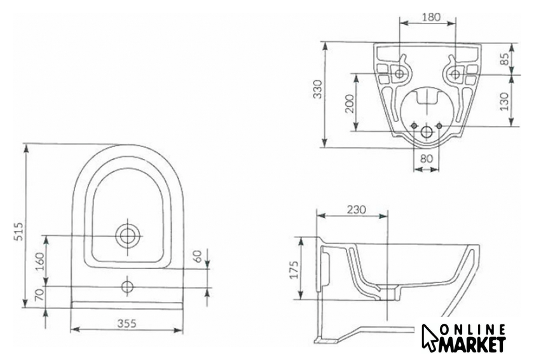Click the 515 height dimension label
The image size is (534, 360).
coord(20,232)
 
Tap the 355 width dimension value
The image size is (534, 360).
coord(127,323)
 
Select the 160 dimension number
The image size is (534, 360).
coord(40,261)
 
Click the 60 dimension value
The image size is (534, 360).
coord(198,256)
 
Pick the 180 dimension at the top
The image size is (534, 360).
coord(431,17)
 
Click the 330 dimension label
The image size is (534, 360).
coord(317,89)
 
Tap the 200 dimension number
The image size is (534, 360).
coord(350,103)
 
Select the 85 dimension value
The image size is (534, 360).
coord(505,59)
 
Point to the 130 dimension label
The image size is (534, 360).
coord(504,101)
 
